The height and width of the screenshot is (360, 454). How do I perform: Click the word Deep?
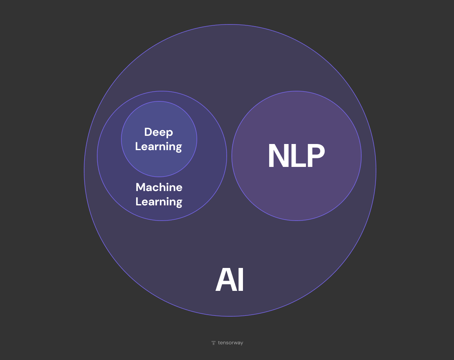pos(159,132)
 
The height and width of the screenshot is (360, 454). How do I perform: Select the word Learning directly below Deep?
pos(159,146)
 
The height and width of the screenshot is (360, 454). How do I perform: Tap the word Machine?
pos(159,187)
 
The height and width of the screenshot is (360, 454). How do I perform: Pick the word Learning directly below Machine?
pos(159,202)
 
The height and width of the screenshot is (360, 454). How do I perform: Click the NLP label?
pos(296,156)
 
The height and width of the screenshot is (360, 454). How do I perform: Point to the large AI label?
pos(230,280)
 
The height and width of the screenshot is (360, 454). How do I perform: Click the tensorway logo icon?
pos(214,343)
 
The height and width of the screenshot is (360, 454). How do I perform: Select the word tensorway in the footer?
pos(230,343)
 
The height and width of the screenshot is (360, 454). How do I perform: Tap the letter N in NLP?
pos(278,156)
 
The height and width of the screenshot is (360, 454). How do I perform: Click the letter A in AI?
pos(225,280)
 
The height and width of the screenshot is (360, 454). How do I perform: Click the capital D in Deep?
pos(148,132)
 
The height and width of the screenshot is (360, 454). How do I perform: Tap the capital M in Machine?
pos(140,187)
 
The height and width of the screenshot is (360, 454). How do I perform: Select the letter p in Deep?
pos(169,133)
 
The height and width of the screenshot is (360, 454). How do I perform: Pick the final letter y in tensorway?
pos(241,344)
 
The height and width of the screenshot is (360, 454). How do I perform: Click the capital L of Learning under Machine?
pos(138,202)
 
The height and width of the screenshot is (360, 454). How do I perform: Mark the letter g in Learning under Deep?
pos(178,148)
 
